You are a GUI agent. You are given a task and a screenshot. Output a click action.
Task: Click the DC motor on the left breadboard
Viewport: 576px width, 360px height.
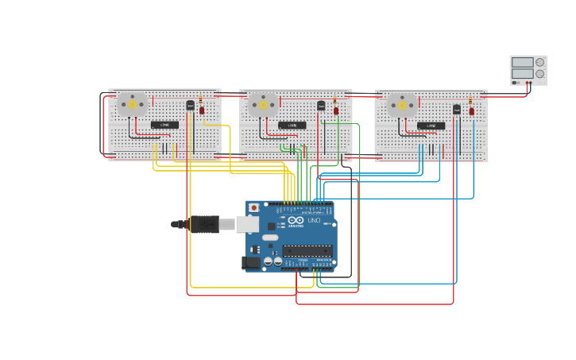tap(132, 104)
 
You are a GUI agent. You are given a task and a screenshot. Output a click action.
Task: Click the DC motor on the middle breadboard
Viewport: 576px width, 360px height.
tap(263, 104)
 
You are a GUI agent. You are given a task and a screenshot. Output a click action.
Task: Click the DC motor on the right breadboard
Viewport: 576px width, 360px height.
tap(402, 105)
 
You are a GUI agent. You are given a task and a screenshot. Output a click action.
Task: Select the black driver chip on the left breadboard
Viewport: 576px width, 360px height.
tap(164, 125)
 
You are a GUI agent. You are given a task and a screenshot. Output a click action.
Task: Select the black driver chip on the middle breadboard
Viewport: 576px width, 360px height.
tap(292, 126)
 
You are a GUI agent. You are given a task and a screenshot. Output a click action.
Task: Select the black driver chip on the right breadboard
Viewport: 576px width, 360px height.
tap(431, 126)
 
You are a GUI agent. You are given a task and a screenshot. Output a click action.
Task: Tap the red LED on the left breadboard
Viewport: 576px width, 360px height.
tap(202, 110)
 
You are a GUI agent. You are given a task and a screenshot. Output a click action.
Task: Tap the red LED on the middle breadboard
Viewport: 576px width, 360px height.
tap(336, 110)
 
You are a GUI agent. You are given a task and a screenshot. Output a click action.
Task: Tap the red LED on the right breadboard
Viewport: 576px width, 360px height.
tap(471, 110)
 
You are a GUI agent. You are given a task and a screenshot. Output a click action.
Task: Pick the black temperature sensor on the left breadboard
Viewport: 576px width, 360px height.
tap(190, 105)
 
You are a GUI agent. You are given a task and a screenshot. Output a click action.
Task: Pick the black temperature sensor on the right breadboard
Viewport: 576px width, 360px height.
tap(457, 109)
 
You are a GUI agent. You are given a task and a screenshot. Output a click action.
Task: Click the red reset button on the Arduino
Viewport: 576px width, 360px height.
tap(253, 208)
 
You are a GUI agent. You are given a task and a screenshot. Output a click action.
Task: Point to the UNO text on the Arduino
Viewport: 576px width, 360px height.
tap(314, 220)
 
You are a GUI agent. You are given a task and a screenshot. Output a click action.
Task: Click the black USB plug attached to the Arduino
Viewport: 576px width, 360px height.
tap(204, 225)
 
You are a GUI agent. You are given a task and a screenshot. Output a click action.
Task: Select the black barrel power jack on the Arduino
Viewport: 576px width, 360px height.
tap(252, 261)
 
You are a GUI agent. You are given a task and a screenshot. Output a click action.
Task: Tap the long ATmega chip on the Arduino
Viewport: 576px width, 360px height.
tap(307, 250)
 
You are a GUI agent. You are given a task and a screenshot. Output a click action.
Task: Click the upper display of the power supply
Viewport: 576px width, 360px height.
tap(522, 62)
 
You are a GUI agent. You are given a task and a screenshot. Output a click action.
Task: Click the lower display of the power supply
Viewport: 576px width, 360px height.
tap(522, 74)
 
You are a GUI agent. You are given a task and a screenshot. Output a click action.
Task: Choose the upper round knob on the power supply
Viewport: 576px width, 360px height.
tap(540, 62)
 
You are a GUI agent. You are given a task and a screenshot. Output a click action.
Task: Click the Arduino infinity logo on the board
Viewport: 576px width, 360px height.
tap(296, 220)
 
